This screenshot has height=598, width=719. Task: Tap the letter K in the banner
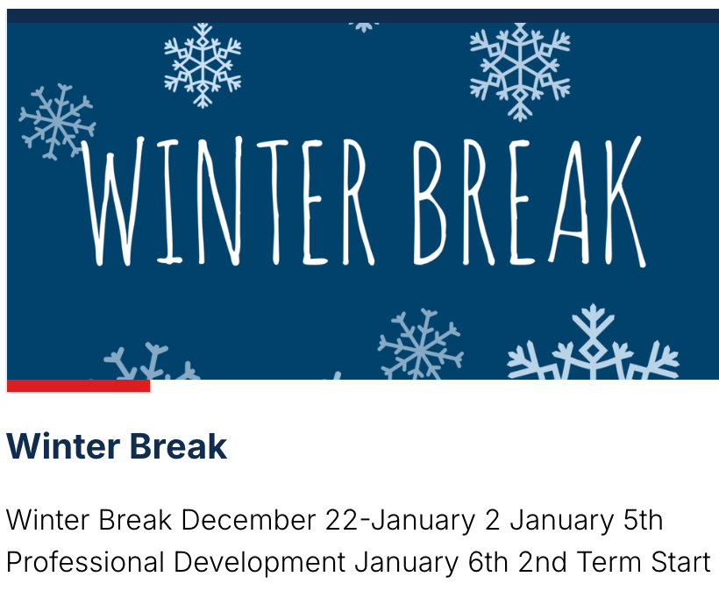623,202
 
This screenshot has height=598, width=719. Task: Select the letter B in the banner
429,202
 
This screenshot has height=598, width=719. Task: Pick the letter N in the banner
220,202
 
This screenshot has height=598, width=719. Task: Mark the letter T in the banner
274,202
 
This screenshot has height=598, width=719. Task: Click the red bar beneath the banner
78,386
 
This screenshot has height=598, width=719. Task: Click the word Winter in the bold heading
63,446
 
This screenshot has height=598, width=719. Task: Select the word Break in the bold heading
178,446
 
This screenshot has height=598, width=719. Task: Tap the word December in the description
248,521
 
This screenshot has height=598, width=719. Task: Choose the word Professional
85,562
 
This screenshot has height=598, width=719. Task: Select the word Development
260,563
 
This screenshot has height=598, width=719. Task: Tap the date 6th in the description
488,562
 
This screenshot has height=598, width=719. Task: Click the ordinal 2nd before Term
543,562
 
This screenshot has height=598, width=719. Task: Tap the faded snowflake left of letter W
57,122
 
